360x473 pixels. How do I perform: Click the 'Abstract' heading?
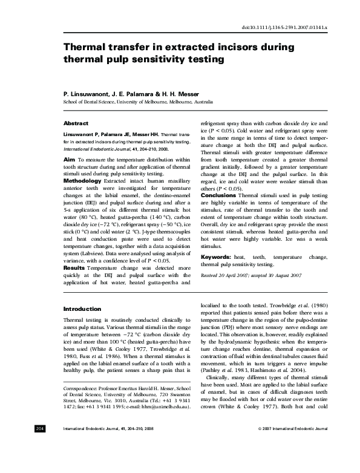[x=76, y=123]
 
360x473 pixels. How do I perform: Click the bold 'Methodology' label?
[x=83, y=180]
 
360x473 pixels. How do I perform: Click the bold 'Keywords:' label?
[x=218, y=258]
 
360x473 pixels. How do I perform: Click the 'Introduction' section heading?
[x=82, y=308]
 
